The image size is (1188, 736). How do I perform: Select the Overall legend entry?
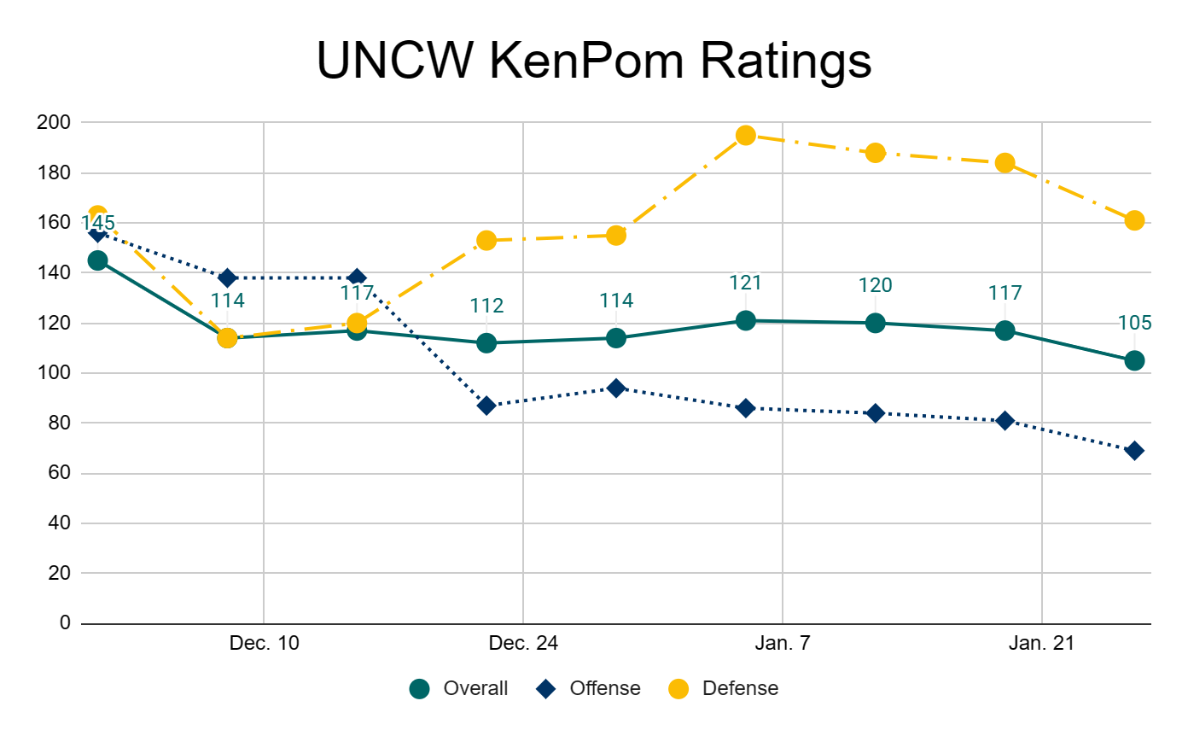click(475, 688)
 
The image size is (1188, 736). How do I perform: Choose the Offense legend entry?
click(605, 688)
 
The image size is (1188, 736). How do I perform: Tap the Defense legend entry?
click(740, 688)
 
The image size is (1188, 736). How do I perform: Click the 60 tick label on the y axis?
click(57, 474)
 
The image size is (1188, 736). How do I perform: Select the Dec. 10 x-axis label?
click(265, 644)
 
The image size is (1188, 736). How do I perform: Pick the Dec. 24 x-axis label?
click(523, 644)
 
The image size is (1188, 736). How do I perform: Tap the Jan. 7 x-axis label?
click(783, 644)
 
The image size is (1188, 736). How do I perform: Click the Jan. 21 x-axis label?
click(1042, 644)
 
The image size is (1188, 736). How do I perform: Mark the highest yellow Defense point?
click(746, 135)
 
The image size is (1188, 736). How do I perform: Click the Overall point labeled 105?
click(1134, 360)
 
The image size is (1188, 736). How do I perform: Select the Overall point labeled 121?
click(746, 320)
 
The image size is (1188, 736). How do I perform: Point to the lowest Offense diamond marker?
click(1134, 451)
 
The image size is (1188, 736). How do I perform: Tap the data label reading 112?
click(486, 306)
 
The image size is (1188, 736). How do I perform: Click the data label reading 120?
click(875, 285)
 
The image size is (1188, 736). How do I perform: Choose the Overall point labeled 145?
click(97, 260)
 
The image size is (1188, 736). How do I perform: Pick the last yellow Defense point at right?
click(1134, 220)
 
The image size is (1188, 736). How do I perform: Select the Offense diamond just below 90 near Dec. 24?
click(486, 406)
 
